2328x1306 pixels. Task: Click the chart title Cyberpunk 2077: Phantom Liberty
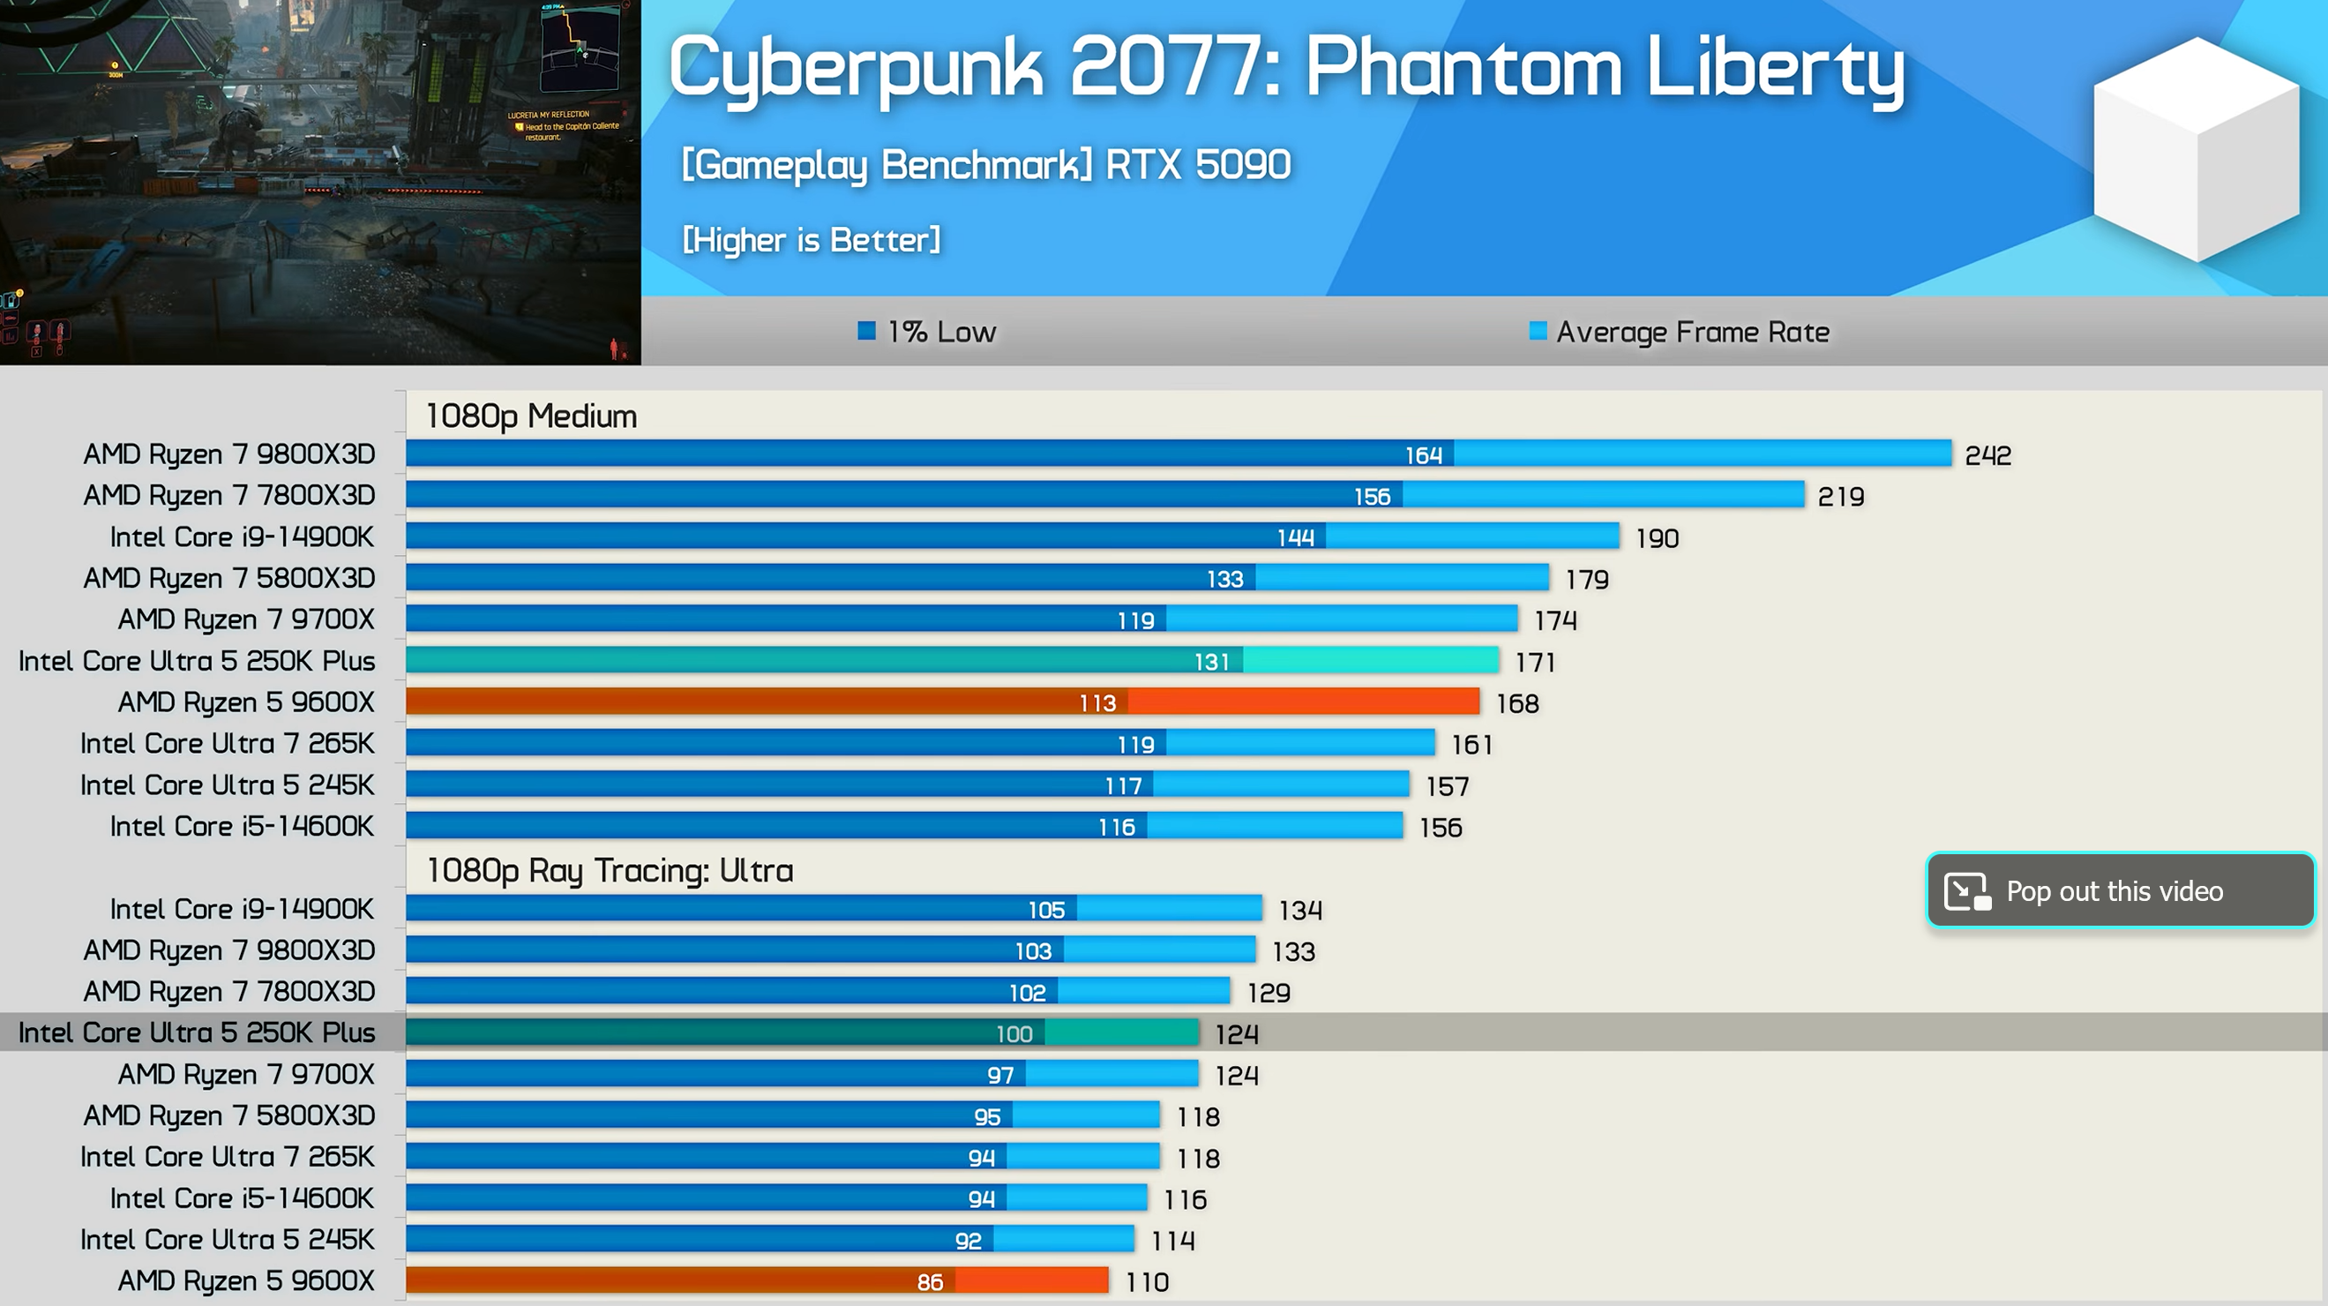coord(1285,68)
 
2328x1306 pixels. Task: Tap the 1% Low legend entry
coord(927,332)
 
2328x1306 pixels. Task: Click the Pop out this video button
coord(2119,890)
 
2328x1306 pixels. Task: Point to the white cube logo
coord(2196,149)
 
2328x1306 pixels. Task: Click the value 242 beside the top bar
coord(1987,454)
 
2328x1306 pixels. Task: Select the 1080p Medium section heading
coord(531,416)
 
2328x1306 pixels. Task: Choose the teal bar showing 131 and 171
coord(951,661)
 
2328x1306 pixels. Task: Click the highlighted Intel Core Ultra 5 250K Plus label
coord(196,1032)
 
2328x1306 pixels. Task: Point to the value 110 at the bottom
coord(1147,1281)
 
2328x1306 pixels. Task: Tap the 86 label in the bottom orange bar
coord(929,1281)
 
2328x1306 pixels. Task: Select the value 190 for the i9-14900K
coord(1657,537)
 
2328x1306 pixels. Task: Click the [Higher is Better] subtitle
coord(811,239)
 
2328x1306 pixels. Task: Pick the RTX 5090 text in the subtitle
coord(1197,164)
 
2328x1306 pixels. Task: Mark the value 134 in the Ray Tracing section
coord(1299,909)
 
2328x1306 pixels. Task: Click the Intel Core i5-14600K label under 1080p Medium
coord(242,826)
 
